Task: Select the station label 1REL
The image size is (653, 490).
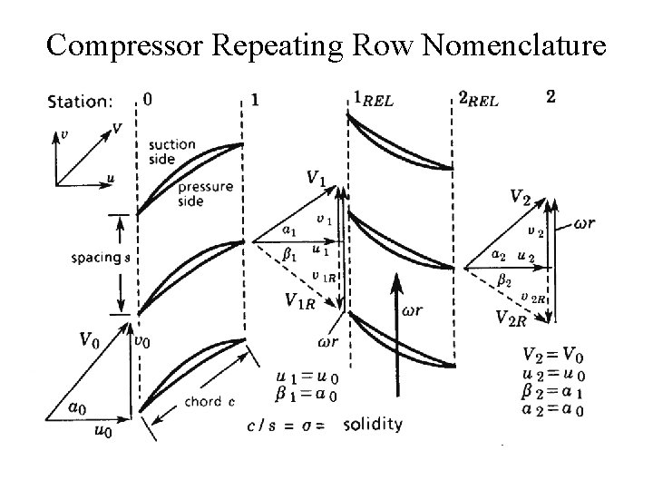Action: click(372, 99)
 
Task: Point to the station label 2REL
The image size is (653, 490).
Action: click(477, 99)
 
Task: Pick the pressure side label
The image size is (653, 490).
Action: click(205, 194)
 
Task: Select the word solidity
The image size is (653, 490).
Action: click(373, 425)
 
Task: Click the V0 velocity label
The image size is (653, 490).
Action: click(88, 341)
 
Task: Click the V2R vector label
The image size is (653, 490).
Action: click(512, 316)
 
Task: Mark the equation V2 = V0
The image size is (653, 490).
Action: click(551, 355)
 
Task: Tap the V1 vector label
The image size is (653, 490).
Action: click(315, 179)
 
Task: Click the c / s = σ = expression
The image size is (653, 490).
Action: click(288, 426)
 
